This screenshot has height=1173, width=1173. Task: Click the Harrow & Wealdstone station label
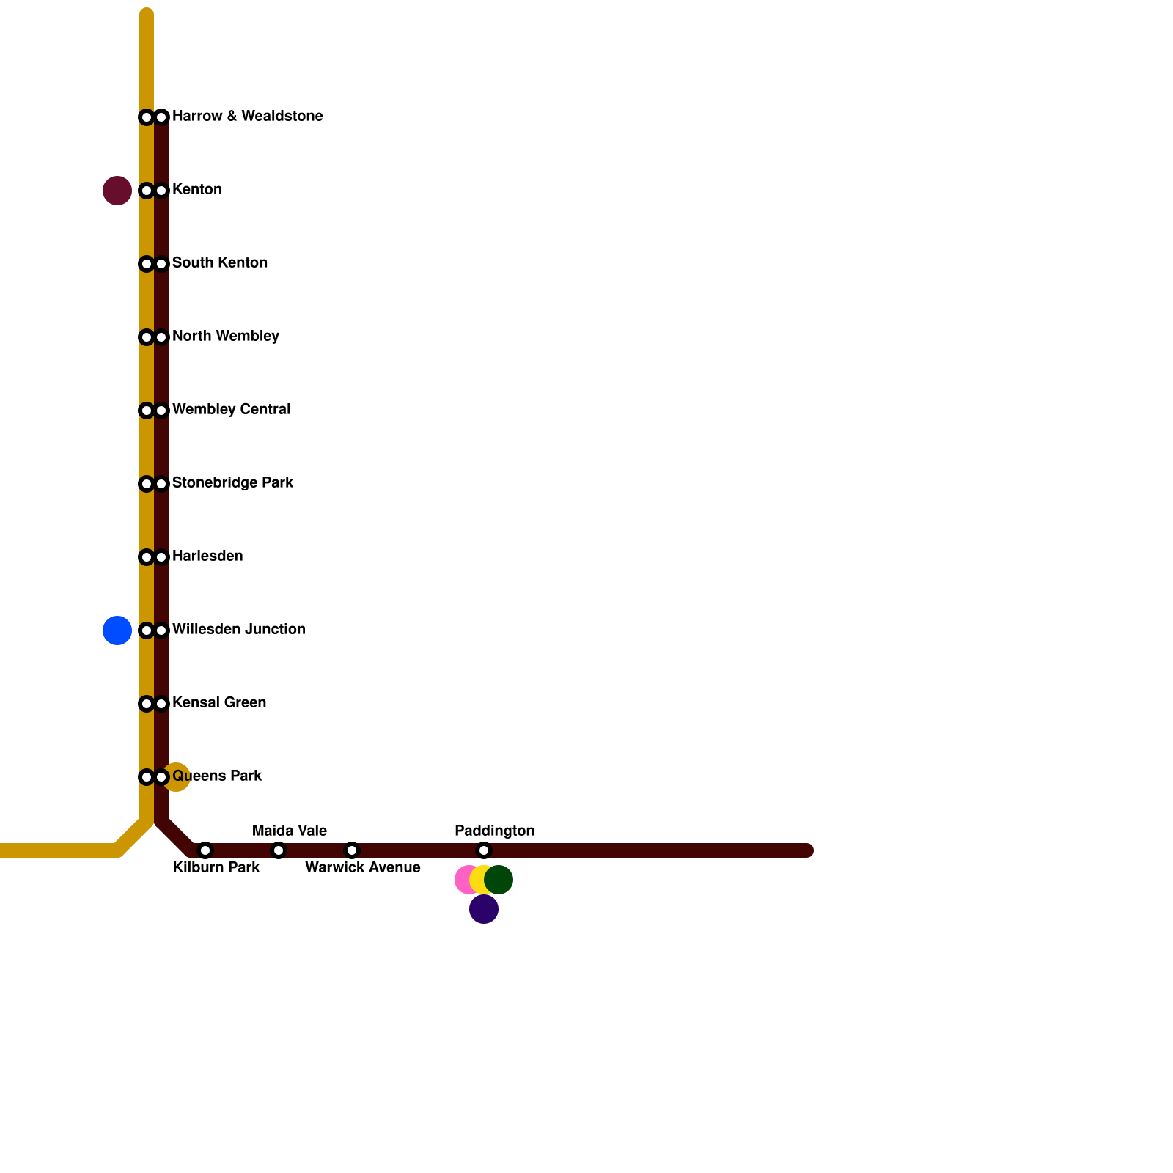tap(247, 117)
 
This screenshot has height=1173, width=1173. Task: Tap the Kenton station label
tap(196, 190)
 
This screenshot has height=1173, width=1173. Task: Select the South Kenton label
tap(219, 263)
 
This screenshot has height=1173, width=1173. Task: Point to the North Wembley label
tap(225, 337)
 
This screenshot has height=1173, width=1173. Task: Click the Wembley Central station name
tap(231, 410)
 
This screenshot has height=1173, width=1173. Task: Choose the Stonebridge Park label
tap(232, 483)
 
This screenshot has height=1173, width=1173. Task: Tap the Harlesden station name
tap(207, 556)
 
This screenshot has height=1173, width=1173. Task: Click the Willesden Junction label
tap(238, 630)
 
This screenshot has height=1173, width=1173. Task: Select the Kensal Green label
tap(218, 703)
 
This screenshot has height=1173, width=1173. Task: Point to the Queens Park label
tap(217, 776)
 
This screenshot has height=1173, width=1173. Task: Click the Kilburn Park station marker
tap(205, 850)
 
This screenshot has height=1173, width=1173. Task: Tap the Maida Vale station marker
tap(279, 850)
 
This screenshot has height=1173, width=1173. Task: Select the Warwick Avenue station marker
tap(352, 850)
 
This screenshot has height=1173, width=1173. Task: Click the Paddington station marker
tap(484, 850)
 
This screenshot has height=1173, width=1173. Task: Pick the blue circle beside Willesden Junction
tap(117, 630)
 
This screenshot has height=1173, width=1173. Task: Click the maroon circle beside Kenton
tap(117, 191)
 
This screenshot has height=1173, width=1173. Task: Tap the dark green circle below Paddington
tap(500, 880)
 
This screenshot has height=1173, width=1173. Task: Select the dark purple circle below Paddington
tap(484, 910)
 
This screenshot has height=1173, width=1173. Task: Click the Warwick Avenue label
tap(362, 868)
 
